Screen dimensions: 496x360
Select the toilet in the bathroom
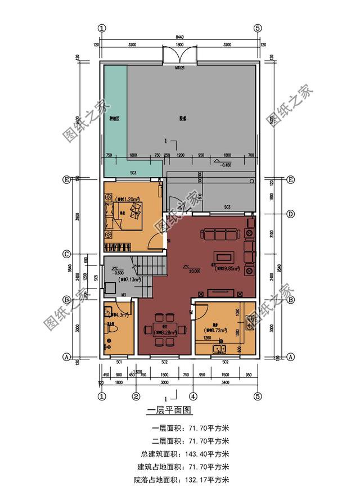pos(110,336)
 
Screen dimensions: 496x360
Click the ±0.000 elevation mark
pos(195,270)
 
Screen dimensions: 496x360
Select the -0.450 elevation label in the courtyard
pos(226,165)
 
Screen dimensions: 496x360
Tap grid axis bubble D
pos(291,214)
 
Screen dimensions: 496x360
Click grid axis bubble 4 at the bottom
pos(192,396)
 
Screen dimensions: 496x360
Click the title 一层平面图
pos(169,412)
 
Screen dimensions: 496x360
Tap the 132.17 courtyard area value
pos(209,480)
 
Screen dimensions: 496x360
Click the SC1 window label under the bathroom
pos(119,362)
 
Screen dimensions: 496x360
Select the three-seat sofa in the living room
pos(220,234)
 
